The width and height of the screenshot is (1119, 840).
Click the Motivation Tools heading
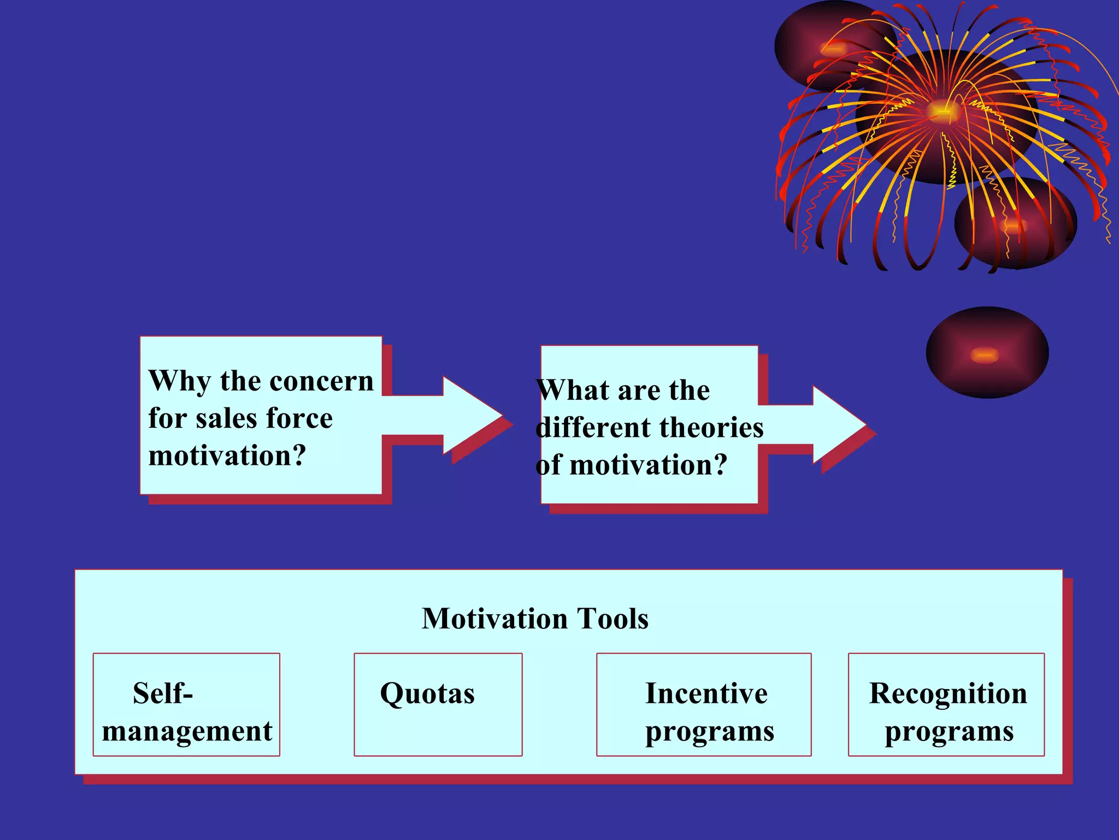pyautogui.click(x=535, y=619)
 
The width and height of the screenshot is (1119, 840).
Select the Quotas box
pyautogui.click(x=438, y=704)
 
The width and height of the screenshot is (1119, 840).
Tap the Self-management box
pyautogui.click(x=186, y=704)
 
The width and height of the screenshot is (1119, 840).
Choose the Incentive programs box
pyautogui.click(x=704, y=704)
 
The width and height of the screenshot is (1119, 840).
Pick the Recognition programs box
pyautogui.click(x=946, y=704)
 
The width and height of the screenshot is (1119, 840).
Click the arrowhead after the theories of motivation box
pyautogui.click(x=839, y=424)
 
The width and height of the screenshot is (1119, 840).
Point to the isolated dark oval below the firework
pyautogui.click(x=987, y=353)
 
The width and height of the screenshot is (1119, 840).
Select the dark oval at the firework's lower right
pyautogui.click(x=1015, y=224)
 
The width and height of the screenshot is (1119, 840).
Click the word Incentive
pyautogui.click(x=706, y=693)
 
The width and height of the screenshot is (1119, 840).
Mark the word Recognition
pyautogui.click(x=948, y=693)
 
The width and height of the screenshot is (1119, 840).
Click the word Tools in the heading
pyautogui.click(x=613, y=619)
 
